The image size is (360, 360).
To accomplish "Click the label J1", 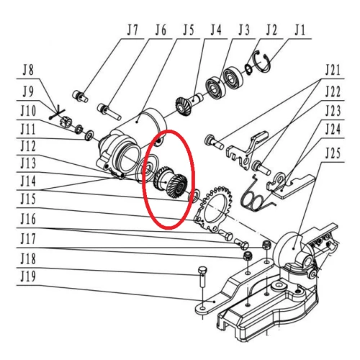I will pos(300,31).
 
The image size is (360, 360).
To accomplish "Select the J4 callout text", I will pos(215,31).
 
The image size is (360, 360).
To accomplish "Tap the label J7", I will pos(130,31).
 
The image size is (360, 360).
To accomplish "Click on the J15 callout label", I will pos(29,197).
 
